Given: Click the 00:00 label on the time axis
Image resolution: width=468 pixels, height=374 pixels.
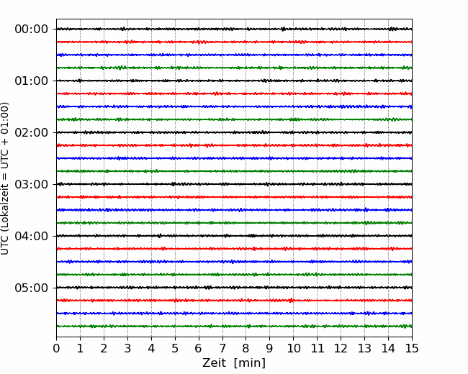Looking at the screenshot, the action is pos(32,29).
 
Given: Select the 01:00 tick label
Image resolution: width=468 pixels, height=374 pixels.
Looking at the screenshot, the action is pos(32,81).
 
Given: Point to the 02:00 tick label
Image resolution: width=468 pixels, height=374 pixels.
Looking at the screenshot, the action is pos(32,132).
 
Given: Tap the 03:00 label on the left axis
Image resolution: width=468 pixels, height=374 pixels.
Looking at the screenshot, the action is pos(32,184).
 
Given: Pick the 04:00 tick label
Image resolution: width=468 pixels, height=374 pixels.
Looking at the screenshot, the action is pos(32,236).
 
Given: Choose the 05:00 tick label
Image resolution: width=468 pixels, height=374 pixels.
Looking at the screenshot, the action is pos(32,288).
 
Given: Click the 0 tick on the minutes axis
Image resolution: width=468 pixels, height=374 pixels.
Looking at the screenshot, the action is pos(56,348).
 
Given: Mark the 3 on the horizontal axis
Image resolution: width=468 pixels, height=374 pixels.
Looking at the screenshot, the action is pos(127,348).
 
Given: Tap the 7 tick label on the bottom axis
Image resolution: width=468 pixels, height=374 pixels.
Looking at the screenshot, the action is pos(222,348).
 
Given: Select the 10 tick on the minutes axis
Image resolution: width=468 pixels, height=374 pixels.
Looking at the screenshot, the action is pos(293,348).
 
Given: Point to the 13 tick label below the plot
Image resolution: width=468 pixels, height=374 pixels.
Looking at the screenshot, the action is pos(364,348).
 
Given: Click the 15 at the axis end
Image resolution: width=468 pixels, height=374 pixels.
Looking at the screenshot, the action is pos(412,348).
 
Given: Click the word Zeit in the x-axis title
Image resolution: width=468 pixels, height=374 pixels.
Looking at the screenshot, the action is pos(215,362).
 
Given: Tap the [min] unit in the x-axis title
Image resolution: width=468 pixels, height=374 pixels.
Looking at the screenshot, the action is pos(250,363).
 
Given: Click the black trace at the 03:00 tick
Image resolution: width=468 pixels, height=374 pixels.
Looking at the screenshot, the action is pos(234,184).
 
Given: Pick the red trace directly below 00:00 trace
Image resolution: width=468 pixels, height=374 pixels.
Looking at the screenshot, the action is pos(234,42).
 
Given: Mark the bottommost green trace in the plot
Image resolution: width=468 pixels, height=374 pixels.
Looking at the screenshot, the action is pos(234,327).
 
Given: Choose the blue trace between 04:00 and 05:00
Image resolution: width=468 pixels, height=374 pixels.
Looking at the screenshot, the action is pos(234,262).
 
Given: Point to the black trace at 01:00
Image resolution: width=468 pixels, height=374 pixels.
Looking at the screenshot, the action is pos(234,81).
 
